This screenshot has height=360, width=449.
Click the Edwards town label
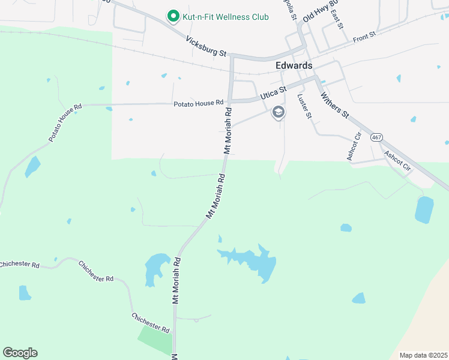click(x=294, y=65)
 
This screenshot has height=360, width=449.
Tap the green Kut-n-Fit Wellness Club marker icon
click(x=173, y=16)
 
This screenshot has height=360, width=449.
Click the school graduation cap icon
click(x=278, y=112)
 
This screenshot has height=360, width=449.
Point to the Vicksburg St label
click(x=205, y=46)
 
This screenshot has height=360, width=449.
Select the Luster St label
click(x=304, y=106)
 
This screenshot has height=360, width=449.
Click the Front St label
click(x=364, y=37)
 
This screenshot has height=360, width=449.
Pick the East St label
click(x=336, y=20)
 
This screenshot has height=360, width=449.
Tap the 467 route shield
click(x=376, y=137)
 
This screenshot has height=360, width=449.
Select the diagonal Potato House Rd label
click(x=65, y=124)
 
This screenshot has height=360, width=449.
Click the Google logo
click(x=20, y=353)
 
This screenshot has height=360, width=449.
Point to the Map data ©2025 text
click(x=423, y=355)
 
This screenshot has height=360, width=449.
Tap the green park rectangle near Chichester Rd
click(x=155, y=341)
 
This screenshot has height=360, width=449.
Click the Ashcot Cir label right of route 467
click(x=398, y=161)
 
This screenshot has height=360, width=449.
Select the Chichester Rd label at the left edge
click(x=19, y=265)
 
